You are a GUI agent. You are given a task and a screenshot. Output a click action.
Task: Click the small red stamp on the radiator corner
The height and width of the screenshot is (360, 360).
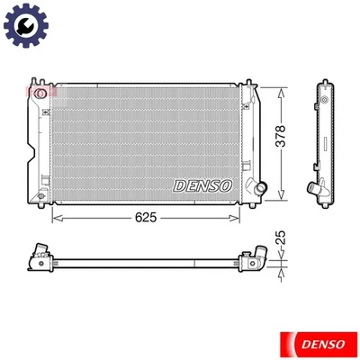[x=38, y=91]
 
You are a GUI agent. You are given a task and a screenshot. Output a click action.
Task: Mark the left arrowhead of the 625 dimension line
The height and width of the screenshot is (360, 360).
[x=57, y=217]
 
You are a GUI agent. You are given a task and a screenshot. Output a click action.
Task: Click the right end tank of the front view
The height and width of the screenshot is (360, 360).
[x=249, y=139]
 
